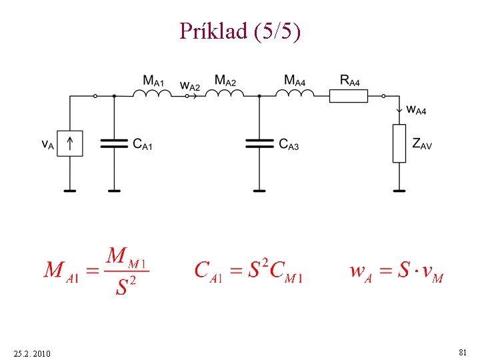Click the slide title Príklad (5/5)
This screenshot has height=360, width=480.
(x=240, y=31)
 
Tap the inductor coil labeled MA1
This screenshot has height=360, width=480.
(x=152, y=94)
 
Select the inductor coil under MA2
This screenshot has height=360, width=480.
(x=225, y=94)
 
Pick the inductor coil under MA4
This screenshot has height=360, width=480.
(x=294, y=94)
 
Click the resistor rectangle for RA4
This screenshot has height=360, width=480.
(x=348, y=97)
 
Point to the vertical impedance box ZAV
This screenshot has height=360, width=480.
(x=399, y=143)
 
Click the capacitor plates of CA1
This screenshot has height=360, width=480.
(x=114, y=143)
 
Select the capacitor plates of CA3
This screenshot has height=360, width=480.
(x=259, y=143)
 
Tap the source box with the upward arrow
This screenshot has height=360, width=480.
(x=69, y=143)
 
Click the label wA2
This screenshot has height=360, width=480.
(x=190, y=86)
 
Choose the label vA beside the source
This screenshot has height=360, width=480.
(x=47, y=144)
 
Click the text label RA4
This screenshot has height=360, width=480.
(x=349, y=81)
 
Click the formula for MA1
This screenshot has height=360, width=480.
(x=97, y=271)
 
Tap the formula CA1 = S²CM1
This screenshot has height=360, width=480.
(x=249, y=271)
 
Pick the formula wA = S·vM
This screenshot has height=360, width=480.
(x=396, y=272)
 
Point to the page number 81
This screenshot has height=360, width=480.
(x=462, y=351)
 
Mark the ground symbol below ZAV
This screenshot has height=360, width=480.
(x=399, y=190)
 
